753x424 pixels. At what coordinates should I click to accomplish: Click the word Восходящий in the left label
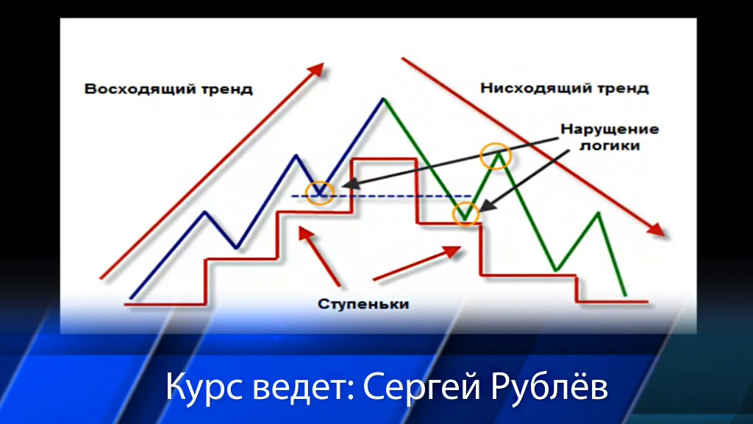pyautogui.click(x=140, y=89)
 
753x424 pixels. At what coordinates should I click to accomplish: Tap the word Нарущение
pyautogui.click(x=610, y=130)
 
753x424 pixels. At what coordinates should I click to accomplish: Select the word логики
pyautogui.click(x=610, y=145)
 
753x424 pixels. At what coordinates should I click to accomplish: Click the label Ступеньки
pyautogui.click(x=363, y=304)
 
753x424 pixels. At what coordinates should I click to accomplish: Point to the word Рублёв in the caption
pyautogui.click(x=549, y=387)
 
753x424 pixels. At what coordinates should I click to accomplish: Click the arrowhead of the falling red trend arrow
pyautogui.click(x=657, y=230)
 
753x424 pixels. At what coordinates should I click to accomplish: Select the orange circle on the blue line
pyautogui.click(x=320, y=194)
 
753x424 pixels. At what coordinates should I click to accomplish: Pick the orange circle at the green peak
pyautogui.click(x=496, y=155)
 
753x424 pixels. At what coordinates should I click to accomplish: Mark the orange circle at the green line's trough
pyautogui.click(x=465, y=214)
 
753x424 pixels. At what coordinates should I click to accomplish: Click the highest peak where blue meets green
pyautogui.click(x=383, y=99)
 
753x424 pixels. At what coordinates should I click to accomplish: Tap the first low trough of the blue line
pyautogui.click(x=236, y=247)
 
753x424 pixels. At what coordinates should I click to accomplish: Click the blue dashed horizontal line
pyautogui.click(x=382, y=196)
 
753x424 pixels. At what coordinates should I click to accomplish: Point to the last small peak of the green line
pyautogui.click(x=599, y=213)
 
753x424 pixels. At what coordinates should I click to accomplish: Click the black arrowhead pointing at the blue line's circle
pyautogui.click(x=349, y=184)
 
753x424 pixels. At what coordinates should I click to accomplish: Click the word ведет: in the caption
pyautogui.click(x=302, y=387)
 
